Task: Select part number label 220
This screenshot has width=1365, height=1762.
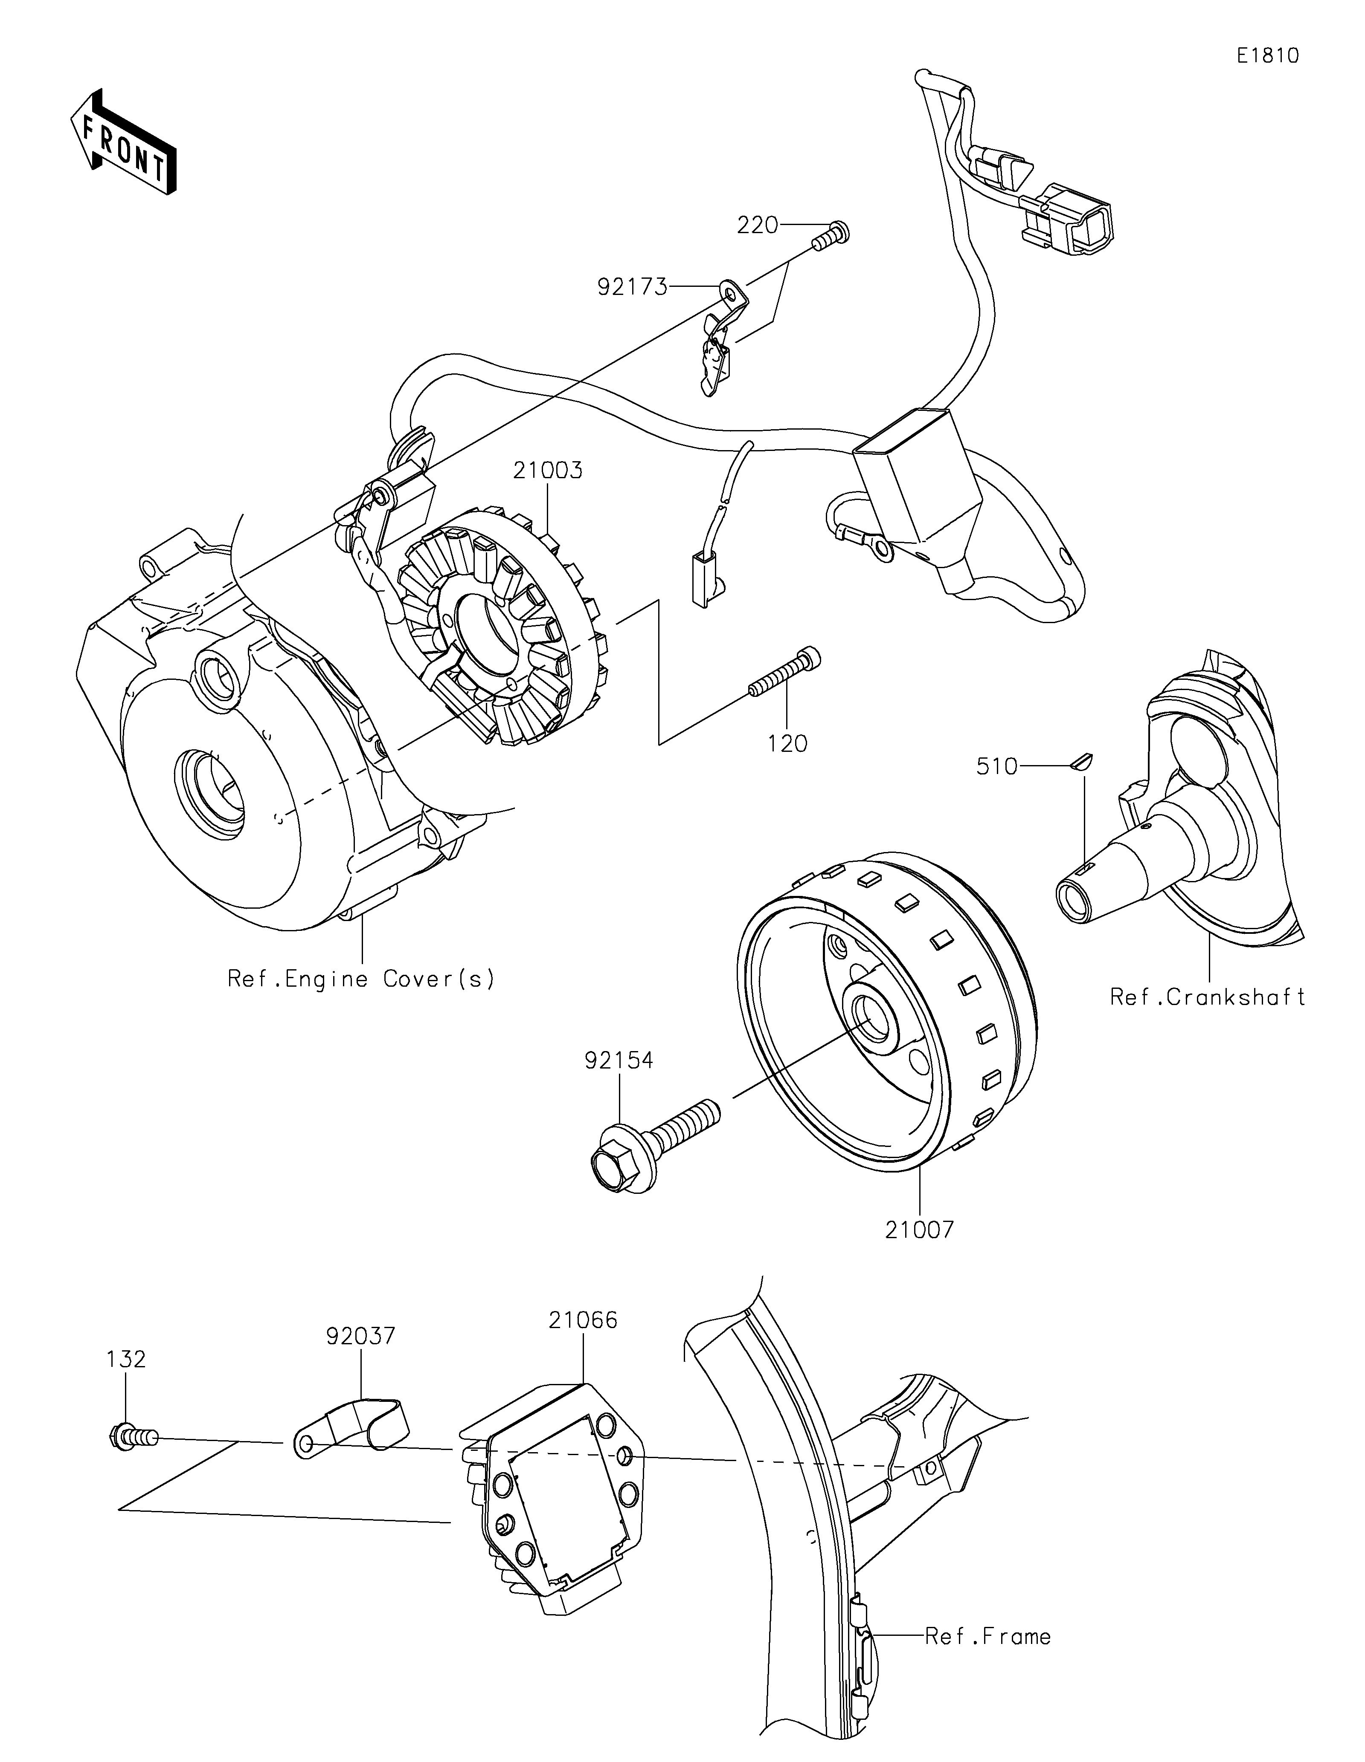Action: [757, 225]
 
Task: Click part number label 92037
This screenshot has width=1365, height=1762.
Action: [361, 1336]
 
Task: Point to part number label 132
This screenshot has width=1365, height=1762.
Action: [126, 1359]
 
